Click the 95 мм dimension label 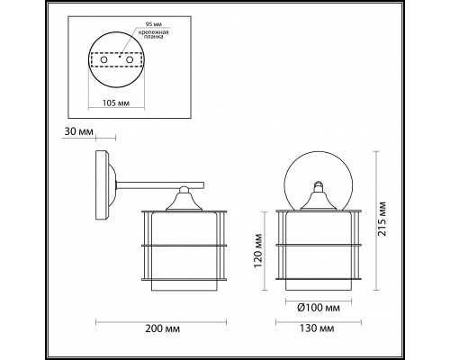point(153,24)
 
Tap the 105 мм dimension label point(116,103)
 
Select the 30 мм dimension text point(79,131)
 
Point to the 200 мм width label point(163,328)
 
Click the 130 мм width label point(317,328)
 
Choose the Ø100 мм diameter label point(319,308)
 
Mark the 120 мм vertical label point(258,251)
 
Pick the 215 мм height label point(382,219)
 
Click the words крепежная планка point(153,34)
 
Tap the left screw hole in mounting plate point(103,59)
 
